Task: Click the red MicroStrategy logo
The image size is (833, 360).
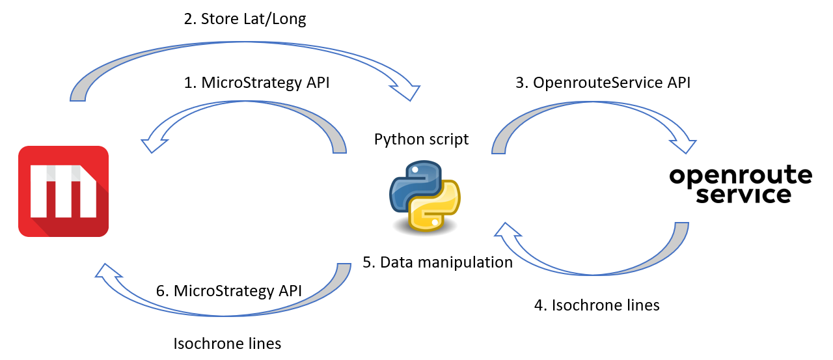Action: pos(63,191)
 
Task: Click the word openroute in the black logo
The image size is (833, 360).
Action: pos(741,176)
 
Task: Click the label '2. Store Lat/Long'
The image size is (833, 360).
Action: pos(245,19)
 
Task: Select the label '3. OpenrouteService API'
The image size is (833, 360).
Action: pos(602,83)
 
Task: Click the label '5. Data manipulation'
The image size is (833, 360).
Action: pos(437,262)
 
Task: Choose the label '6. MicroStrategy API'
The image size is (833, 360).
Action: pos(230,291)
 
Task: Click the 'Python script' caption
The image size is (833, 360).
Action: pos(421,139)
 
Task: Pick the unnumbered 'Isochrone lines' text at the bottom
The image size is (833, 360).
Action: pos(227,343)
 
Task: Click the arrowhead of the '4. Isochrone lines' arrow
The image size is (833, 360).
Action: pos(507,230)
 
